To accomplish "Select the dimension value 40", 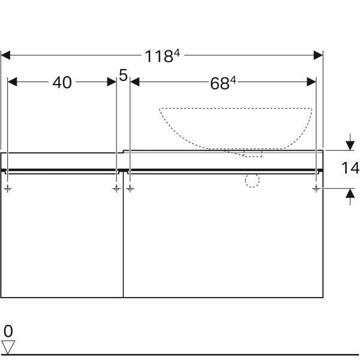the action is (x=62, y=83).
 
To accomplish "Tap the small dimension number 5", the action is (x=123, y=75).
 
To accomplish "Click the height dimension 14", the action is (x=350, y=168).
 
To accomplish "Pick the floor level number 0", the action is (x=8, y=331).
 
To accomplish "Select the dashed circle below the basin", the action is (x=252, y=180).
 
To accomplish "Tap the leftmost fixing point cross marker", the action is (x=8, y=189).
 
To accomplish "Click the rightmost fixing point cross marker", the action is (x=316, y=189).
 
